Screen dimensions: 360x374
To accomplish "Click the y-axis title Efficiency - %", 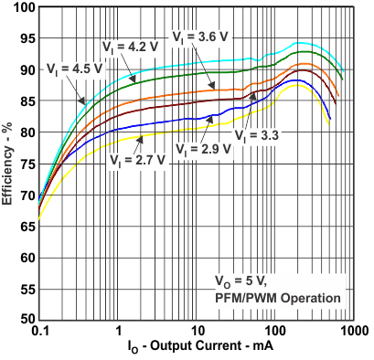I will pos(8,164).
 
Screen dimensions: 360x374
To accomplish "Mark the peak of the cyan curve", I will pos(297,42).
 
